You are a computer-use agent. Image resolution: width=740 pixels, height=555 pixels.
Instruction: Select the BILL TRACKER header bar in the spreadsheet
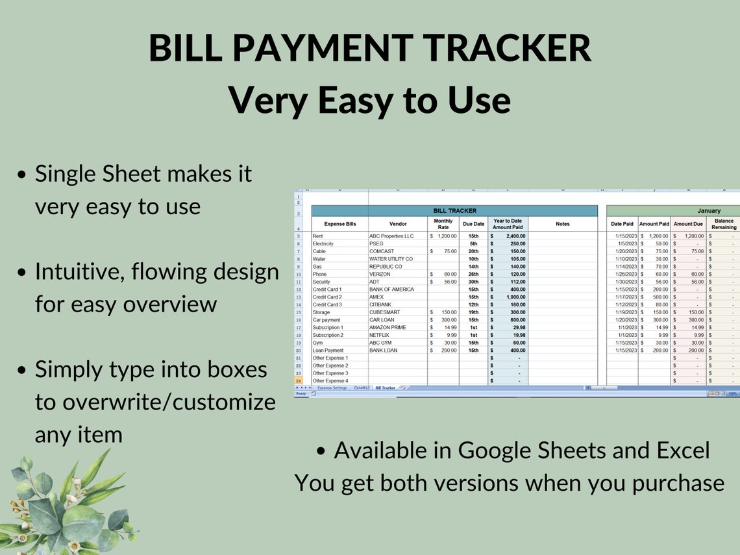click(x=454, y=211)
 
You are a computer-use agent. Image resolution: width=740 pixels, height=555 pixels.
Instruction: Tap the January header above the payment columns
click(x=709, y=211)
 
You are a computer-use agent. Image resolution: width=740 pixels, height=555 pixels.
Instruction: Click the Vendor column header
click(x=397, y=224)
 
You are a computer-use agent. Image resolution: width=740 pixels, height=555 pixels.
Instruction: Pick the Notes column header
click(x=562, y=224)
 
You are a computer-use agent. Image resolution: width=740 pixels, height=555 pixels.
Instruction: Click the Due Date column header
click(x=473, y=224)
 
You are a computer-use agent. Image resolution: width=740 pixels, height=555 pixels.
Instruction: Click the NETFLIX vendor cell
click(x=379, y=335)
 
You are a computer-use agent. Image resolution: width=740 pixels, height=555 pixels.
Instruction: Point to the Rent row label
click(x=318, y=236)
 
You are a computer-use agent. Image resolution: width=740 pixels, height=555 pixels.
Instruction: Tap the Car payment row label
click(x=326, y=320)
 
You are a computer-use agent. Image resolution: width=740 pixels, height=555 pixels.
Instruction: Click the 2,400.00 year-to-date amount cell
click(x=512, y=236)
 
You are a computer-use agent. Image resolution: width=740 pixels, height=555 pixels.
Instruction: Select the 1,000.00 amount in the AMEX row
click(x=512, y=297)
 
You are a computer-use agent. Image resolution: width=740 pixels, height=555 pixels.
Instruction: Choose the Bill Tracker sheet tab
click(x=385, y=388)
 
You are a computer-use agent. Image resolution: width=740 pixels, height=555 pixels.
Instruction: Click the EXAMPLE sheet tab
click(x=362, y=388)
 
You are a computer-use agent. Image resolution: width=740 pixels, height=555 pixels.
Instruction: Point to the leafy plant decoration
click(x=62, y=506)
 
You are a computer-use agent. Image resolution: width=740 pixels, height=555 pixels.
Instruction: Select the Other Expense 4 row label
click(x=330, y=381)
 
